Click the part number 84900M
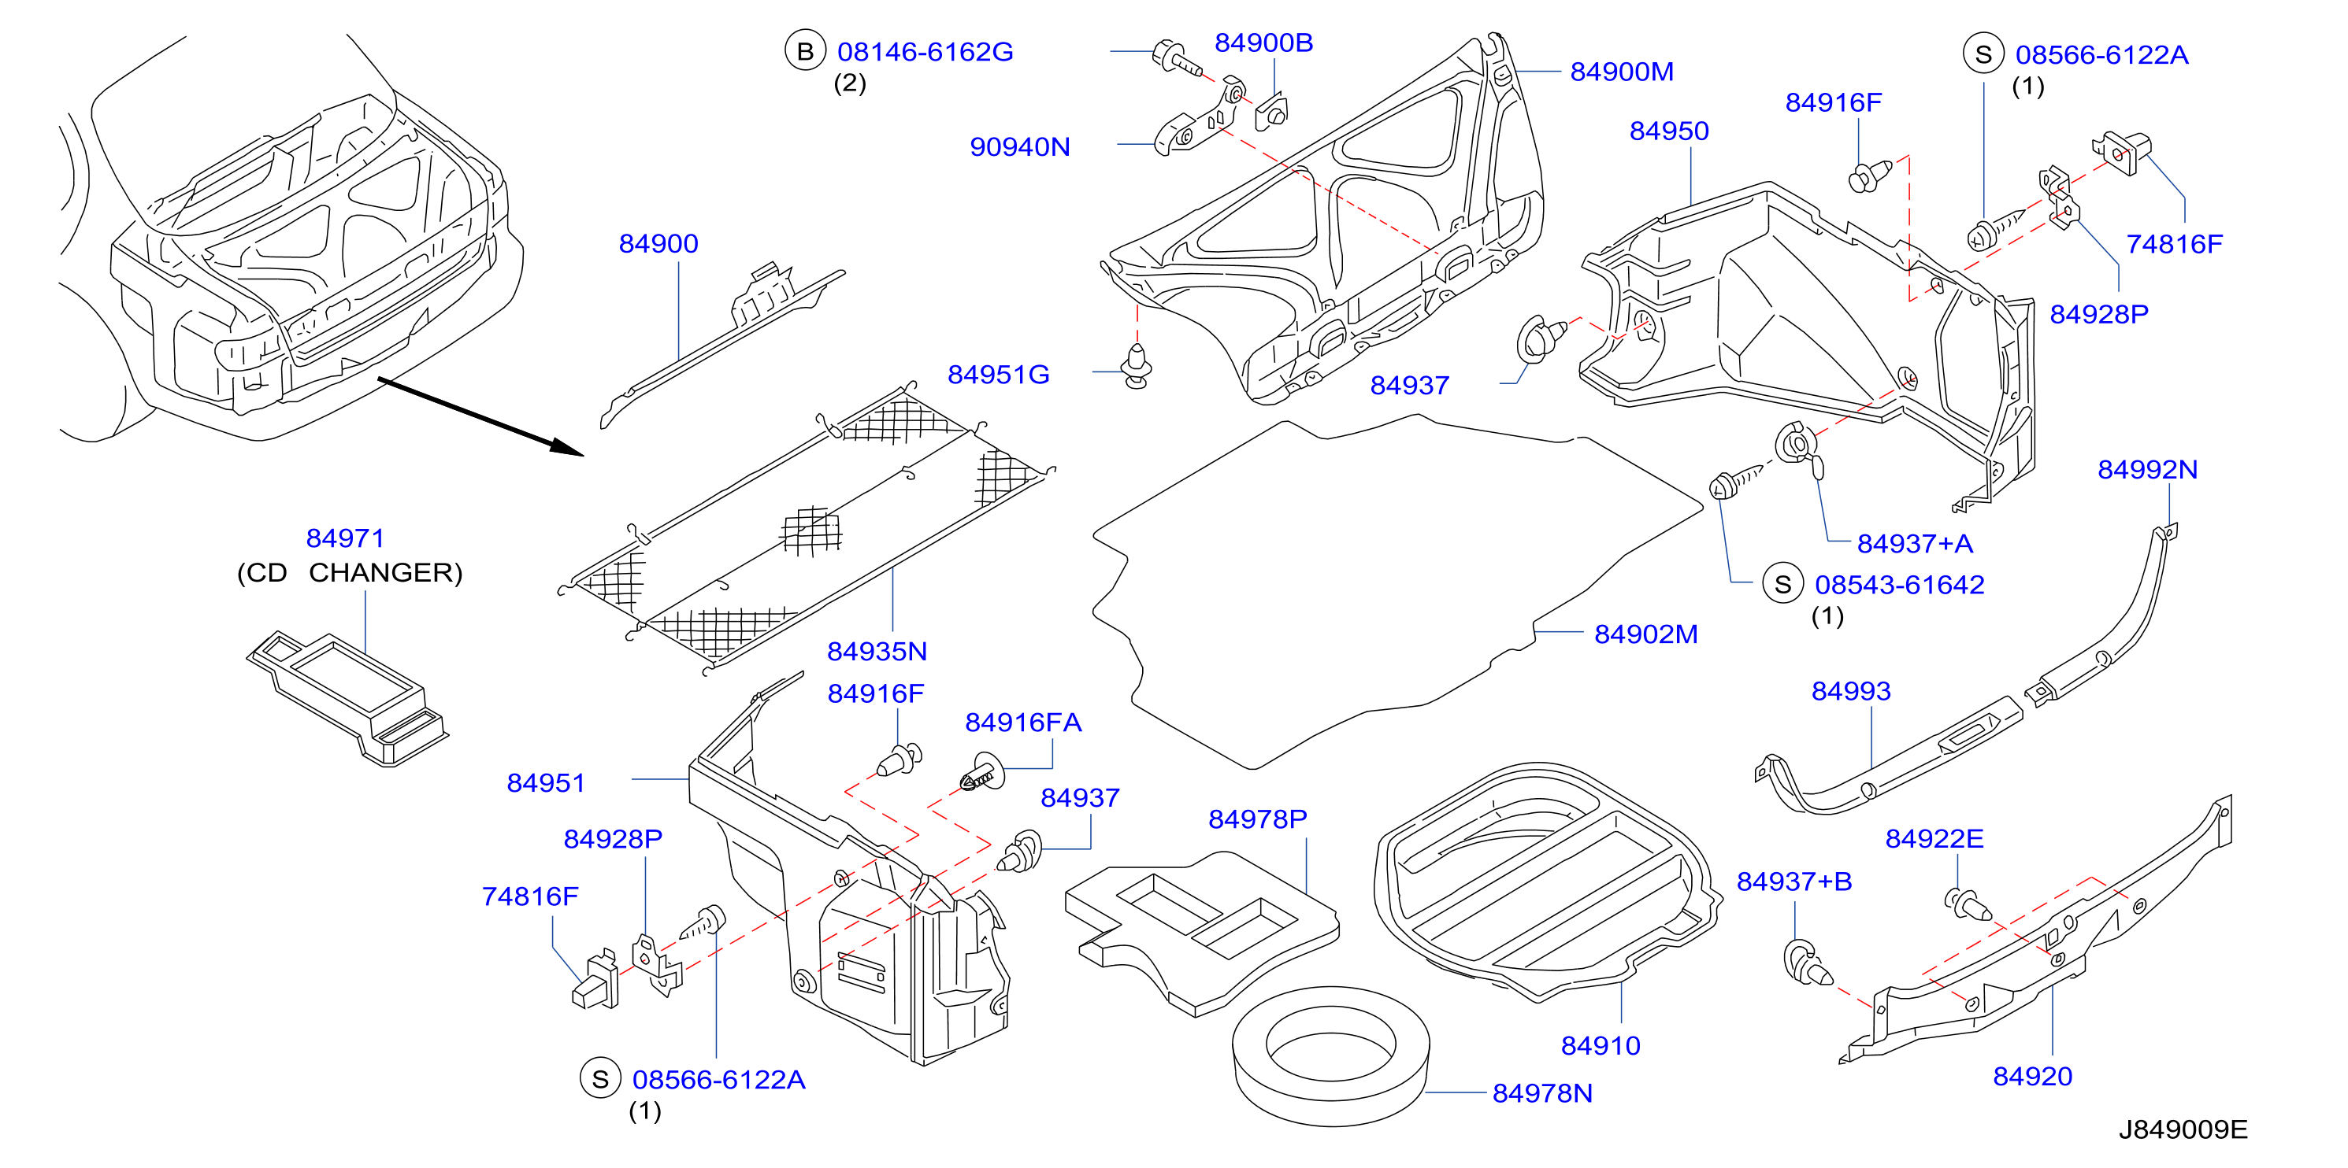(1622, 71)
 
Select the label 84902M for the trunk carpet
(1645, 634)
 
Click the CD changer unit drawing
(347, 697)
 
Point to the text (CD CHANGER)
(350, 572)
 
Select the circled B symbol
(805, 52)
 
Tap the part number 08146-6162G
(925, 52)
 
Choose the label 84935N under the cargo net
(877, 652)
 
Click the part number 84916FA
(1022, 723)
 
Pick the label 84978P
(1257, 819)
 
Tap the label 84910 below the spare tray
(1601, 1046)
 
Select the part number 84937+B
(1793, 882)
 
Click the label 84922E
(1934, 838)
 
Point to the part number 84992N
(2147, 469)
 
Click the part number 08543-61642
(1900, 585)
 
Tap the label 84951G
(998, 375)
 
